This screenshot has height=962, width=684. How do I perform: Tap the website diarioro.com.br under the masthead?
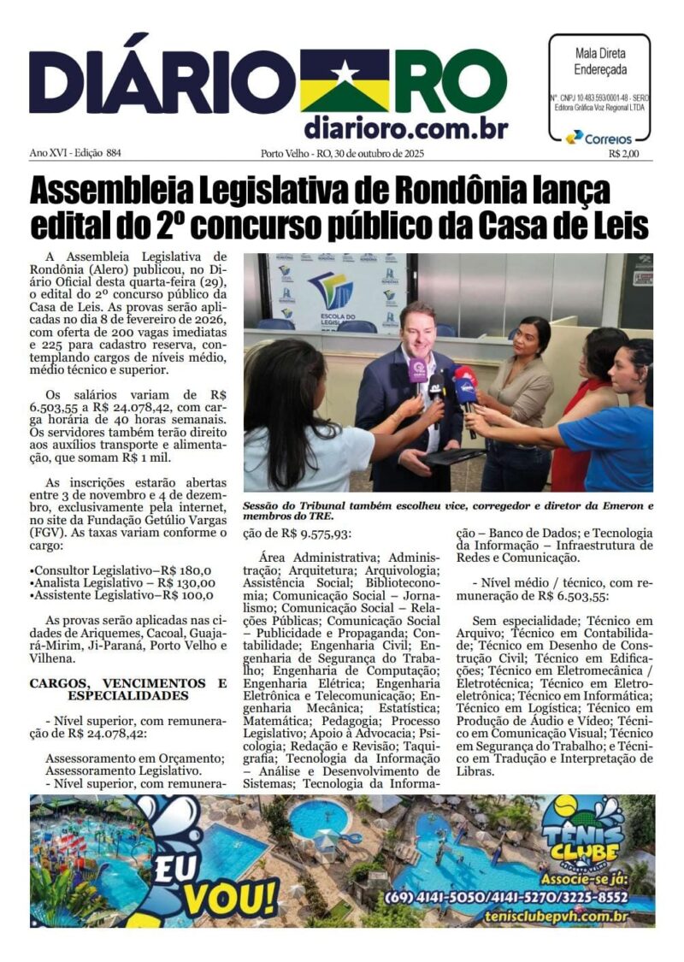click(405, 128)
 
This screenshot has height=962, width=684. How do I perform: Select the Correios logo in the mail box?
click(599, 138)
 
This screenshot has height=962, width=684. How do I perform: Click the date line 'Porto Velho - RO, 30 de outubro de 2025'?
click(342, 154)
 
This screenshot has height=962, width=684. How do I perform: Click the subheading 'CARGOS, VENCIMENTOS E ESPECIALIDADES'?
click(128, 689)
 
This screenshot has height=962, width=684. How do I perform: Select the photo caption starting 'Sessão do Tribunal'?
click(447, 511)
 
